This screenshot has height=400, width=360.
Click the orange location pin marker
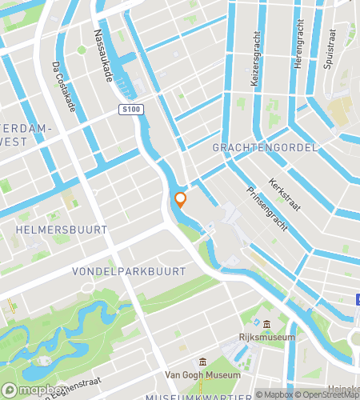[x=181, y=200]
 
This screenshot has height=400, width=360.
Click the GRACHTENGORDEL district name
[x=265, y=148]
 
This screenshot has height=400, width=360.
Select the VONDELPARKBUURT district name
[x=129, y=271]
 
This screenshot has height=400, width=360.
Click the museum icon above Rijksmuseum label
[x=266, y=323]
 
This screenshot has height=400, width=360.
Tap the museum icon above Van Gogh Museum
[x=203, y=362]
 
